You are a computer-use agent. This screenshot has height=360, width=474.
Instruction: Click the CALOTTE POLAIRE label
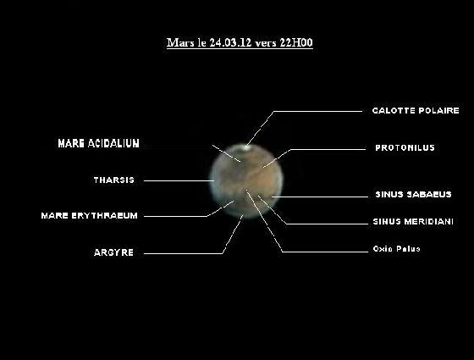416,110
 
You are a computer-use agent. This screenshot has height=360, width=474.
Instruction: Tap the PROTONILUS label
405,147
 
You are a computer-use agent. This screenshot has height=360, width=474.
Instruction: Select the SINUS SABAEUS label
413,194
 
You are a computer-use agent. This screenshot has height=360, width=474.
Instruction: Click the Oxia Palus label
396,249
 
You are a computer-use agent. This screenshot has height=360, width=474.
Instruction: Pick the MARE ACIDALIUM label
98,144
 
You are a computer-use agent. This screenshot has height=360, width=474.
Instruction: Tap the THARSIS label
113,180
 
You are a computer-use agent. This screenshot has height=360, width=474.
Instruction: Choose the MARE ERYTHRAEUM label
89,215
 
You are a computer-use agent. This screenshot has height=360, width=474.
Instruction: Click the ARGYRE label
113,252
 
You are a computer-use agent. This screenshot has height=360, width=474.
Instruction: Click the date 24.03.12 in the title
223,41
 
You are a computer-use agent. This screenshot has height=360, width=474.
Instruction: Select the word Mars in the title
177,41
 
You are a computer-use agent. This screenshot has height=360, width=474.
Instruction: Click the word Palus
408,249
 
